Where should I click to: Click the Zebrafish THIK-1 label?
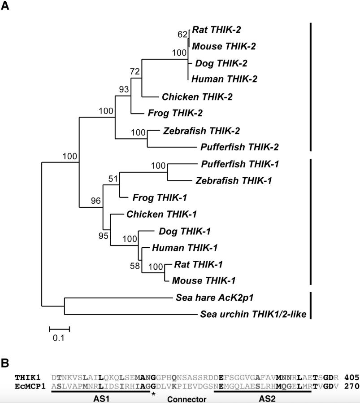(x=231, y=180)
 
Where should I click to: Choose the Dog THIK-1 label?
(x=185, y=231)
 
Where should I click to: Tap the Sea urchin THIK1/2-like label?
(x=252, y=314)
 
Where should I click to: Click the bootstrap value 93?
(x=124, y=89)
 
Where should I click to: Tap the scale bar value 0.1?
(x=59, y=338)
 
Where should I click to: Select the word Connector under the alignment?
(x=187, y=399)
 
